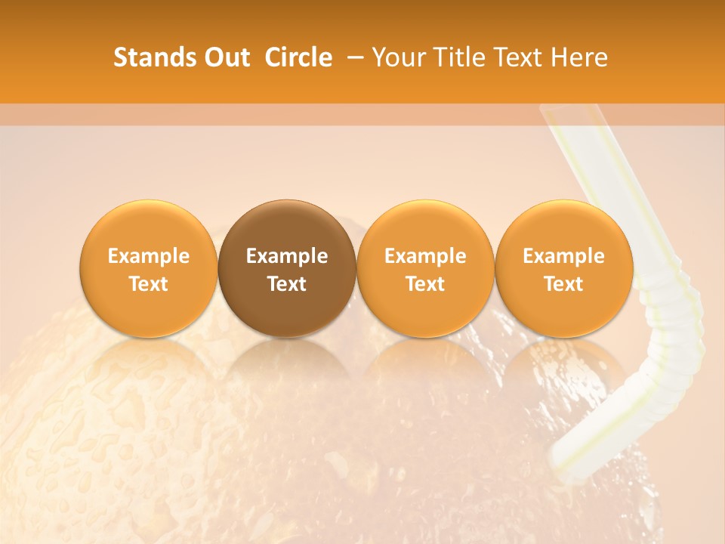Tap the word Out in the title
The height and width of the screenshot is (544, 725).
coord(226,57)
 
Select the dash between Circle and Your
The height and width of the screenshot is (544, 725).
coord(353,57)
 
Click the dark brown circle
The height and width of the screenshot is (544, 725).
coord(287,268)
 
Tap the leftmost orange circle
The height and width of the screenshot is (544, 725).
coord(149,268)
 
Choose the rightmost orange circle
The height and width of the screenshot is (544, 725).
coord(564,268)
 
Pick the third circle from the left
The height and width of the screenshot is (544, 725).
coord(425,268)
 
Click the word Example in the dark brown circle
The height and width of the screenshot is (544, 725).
coord(287,256)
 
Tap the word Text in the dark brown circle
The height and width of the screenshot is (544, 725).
coord(287,284)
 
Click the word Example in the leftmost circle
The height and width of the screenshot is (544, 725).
coord(149,256)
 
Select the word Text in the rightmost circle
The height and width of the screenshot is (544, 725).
coord(564,284)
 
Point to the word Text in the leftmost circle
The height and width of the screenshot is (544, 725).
coord(149,284)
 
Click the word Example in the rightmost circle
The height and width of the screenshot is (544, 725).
coord(564,256)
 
